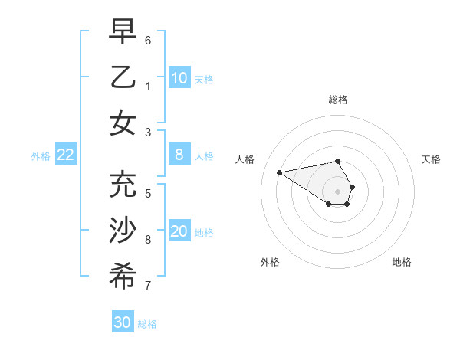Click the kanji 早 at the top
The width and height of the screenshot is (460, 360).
pos(123,33)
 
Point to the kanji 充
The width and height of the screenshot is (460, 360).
pos(123,185)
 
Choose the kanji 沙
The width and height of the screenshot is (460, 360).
pos(123,231)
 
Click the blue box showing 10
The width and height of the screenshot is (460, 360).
pos(179,78)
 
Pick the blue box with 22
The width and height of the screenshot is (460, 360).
pos(66,155)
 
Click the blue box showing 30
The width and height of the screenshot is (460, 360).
pos(123,322)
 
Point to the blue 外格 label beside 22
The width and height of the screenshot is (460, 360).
pos(41,156)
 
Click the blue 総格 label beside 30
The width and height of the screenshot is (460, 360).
pos(147,323)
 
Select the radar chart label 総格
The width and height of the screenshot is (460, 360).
pos(337,100)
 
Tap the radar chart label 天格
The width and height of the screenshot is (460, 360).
pos(432,159)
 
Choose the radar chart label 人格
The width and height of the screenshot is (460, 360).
pos(245,159)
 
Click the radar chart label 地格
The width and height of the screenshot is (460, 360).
pos(402,262)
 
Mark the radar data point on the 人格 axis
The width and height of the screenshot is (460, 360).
pos(280,172)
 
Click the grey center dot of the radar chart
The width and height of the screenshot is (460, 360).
pos(337,191)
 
